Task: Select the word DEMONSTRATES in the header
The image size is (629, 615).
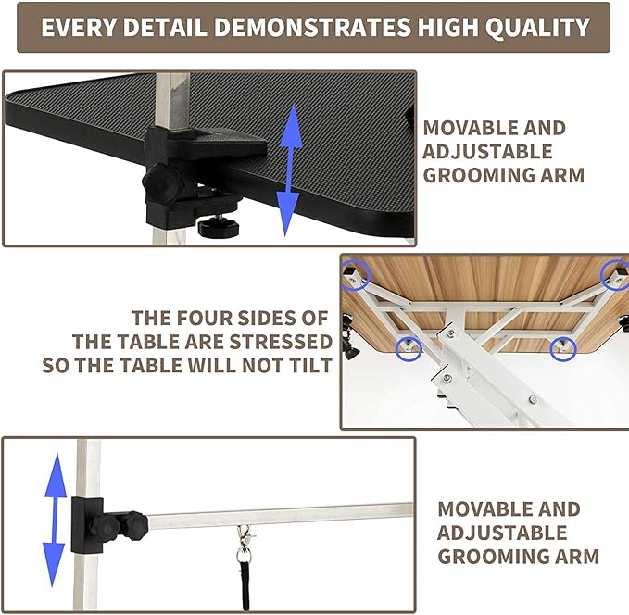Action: click(305, 27)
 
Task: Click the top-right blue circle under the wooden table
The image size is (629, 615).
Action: click(615, 273)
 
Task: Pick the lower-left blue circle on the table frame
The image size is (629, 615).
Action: click(408, 348)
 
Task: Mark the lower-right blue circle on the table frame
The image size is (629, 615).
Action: click(564, 348)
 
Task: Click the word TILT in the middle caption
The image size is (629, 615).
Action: click(308, 364)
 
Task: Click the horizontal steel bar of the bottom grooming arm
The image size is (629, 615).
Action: click(278, 512)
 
